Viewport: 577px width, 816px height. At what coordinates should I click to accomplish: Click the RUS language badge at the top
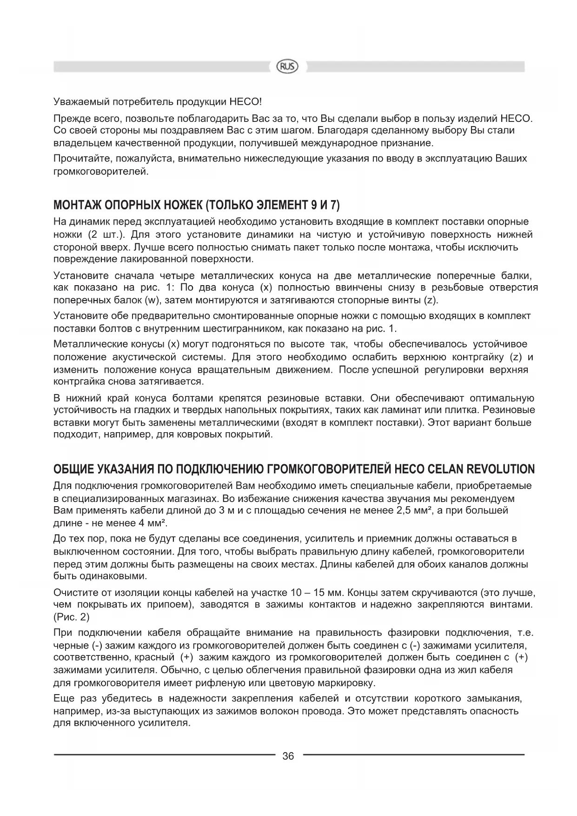pyautogui.click(x=288, y=67)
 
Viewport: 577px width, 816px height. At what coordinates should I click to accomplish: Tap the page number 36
pyautogui.click(x=288, y=756)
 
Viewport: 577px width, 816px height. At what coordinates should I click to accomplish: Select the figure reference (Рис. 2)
pyautogui.click(x=72, y=617)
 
